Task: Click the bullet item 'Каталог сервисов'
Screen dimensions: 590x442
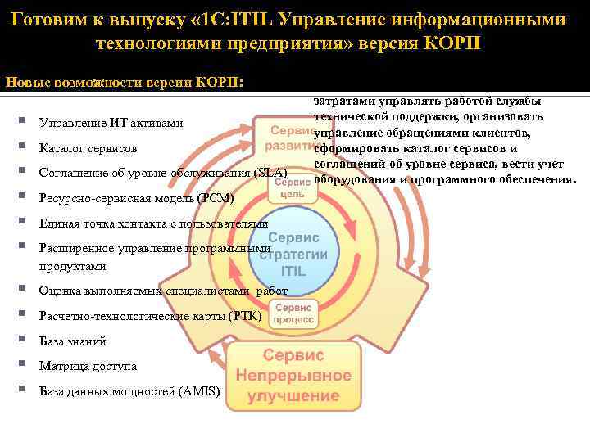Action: (88, 149)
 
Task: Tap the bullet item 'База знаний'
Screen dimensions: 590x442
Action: (72, 341)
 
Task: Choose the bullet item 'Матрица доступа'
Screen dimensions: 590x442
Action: (88, 367)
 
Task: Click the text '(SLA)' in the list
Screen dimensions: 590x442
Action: (270, 174)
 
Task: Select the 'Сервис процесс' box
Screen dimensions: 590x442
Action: (293, 312)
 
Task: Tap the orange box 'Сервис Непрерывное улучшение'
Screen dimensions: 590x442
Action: (293, 376)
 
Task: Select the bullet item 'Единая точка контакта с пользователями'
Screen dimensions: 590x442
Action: (153, 223)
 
